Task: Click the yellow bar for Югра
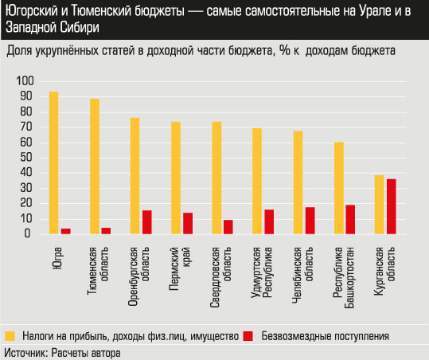[x=53, y=162]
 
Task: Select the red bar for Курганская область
[x=391, y=206]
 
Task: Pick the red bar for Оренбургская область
[x=147, y=222]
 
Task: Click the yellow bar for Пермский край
[x=176, y=178]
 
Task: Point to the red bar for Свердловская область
[x=228, y=227]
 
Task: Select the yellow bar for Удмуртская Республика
[x=257, y=181]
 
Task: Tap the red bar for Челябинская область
[x=310, y=221]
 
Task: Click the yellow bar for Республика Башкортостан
[x=338, y=188]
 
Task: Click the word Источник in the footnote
[x=25, y=351]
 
